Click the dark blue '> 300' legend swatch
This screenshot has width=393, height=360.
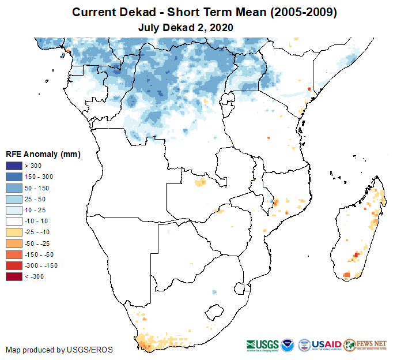14,166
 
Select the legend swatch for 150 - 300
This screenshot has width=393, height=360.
14,177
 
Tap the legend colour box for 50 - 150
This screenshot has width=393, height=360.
14,188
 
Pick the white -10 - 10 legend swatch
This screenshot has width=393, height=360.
14,221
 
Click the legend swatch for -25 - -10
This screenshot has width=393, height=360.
14,232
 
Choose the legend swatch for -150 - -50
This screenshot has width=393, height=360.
14,254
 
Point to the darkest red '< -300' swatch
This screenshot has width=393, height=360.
14,276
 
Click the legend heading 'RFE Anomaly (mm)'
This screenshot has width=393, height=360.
43,155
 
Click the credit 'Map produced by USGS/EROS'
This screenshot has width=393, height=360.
59,350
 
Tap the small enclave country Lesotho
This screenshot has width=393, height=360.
216,312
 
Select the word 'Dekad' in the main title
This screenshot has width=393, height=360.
145,12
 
